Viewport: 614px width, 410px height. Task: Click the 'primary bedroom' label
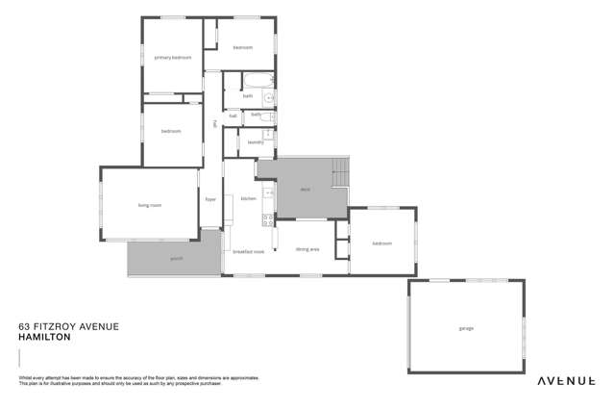coord(173,58)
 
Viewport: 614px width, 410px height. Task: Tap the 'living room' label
coord(149,205)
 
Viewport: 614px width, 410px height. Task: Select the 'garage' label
coord(466,328)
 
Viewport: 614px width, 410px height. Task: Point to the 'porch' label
coord(177,258)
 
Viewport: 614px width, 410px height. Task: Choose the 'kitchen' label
coord(248,198)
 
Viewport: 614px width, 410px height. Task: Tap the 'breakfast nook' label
coord(248,251)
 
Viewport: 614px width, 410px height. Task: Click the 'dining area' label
coord(307,249)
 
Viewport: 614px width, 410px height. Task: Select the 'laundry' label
coord(255,142)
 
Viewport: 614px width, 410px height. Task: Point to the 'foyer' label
coord(210,199)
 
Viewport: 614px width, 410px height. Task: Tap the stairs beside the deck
coord(338,173)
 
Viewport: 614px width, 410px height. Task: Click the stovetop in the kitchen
coord(268,219)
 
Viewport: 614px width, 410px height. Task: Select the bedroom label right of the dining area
coord(381,243)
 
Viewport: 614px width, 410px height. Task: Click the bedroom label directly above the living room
coord(171,131)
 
